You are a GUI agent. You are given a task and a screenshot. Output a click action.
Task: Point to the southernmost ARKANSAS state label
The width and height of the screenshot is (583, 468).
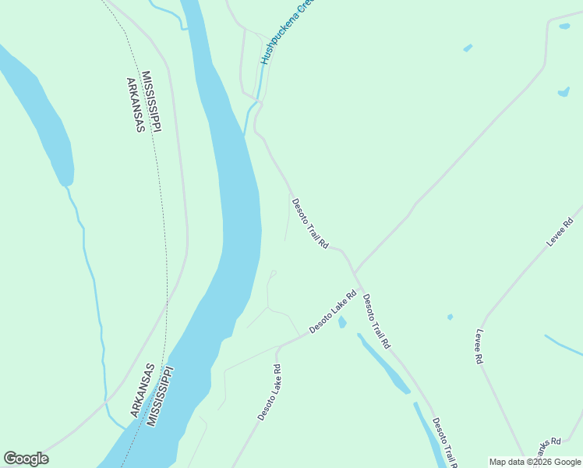point(142,390)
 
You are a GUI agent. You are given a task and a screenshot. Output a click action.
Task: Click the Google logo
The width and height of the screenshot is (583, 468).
point(26,459)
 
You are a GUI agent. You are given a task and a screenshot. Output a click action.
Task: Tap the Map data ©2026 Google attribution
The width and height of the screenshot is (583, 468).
point(535,462)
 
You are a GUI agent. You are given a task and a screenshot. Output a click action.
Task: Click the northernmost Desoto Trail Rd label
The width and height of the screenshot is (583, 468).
point(310,223)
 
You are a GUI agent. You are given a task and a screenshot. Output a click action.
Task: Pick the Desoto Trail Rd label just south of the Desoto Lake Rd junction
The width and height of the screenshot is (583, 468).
point(376,320)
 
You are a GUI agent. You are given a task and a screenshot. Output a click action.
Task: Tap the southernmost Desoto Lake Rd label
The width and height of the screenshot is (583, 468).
point(268,392)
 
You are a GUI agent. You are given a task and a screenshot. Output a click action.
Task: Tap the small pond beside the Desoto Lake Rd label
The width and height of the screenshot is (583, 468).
point(342,322)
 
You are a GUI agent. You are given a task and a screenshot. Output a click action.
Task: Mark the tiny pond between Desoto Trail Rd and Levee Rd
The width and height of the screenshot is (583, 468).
point(450,317)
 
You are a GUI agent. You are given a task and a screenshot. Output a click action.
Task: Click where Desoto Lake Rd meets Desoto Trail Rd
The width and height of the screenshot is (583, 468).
point(355,273)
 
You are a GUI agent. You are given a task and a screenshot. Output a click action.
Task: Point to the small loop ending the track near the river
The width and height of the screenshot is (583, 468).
point(273,273)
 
